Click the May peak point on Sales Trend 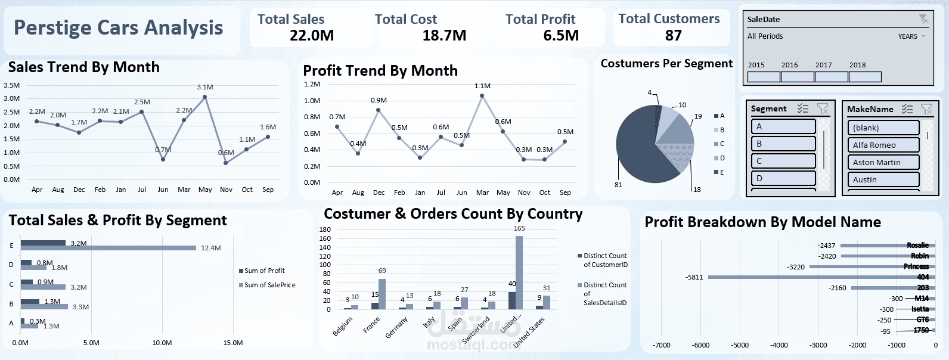click(x=204, y=97)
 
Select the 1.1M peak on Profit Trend click(x=482, y=95)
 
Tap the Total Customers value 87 click(x=673, y=36)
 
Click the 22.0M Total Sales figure click(x=311, y=36)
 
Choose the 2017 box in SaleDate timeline click(x=831, y=77)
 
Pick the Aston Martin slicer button click(x=883, y=162)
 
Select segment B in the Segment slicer click(x=783, y=144)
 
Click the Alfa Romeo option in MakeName click(x=883, y=145)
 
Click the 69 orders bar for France click(x=382, y=294)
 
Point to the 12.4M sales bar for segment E click(x=108, y=248)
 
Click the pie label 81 click(x=618, y=185)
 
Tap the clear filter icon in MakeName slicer click(x=926, y=109)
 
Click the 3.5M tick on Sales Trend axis click(x=11, y=85)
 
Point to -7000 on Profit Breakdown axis click(x=661, y=345)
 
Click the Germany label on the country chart click(x=396, y=327)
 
